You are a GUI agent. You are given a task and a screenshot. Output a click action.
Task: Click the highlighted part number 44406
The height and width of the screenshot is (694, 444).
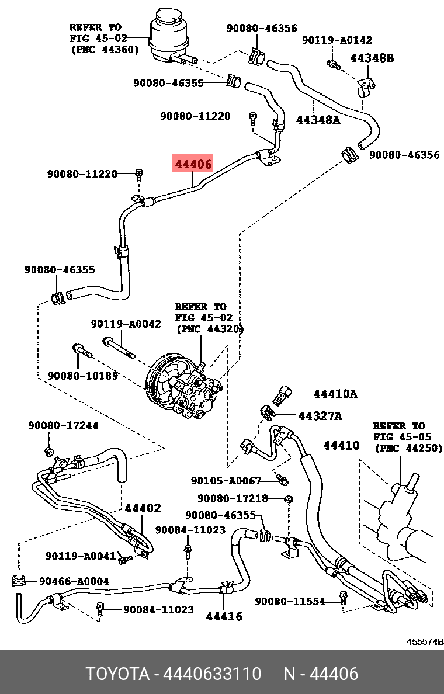pos(192,164)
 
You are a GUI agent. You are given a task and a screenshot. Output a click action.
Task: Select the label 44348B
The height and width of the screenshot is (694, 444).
pos(372,58)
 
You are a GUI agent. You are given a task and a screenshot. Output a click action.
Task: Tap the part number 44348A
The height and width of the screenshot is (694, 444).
pos(318,120)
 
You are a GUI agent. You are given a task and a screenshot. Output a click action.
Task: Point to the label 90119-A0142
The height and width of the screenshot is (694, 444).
pos(337,40)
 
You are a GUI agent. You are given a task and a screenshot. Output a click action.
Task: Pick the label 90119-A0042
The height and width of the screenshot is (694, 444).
pos(126,324)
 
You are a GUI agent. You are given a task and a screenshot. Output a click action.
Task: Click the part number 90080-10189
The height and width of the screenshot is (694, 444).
pos(83,376)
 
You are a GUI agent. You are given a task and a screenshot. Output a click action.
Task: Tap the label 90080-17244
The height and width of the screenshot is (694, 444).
pos(63,426)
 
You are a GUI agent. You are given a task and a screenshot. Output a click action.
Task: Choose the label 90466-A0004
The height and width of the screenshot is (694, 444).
pos(74,581)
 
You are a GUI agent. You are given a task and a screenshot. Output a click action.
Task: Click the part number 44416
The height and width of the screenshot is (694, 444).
pos(224,616)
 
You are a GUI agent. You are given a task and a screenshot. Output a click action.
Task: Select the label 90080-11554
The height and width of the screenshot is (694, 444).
pos(290,601)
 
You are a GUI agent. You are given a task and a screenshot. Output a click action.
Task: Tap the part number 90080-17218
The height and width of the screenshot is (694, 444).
pos(233,498)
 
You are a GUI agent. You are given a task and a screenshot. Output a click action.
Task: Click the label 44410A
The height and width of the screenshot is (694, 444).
pos(335,394)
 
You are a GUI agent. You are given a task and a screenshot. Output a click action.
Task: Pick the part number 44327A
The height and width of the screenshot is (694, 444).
pos(320,416)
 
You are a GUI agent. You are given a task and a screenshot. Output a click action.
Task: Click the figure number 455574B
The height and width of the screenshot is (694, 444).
pos(425,641)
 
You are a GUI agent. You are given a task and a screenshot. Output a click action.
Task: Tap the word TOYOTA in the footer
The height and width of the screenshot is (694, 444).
pos(117,674)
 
